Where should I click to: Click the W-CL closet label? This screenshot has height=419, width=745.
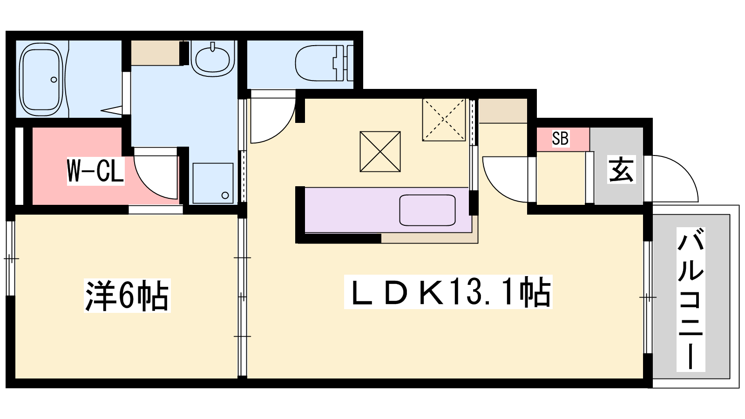click(95, 170)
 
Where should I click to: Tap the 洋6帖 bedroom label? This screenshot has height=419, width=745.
click(127, 295)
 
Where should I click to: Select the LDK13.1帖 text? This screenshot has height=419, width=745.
click(448, 292)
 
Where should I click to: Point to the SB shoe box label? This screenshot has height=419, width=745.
click(560, 138)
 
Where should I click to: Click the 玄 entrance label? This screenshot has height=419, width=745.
click(621, 169)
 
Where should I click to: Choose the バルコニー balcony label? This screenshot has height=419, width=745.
click(691, 299)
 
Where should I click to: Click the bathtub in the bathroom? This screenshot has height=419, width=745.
click(41, 79)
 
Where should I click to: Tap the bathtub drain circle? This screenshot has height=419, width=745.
click(54, 80)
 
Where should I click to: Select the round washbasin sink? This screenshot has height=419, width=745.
click(212, 60)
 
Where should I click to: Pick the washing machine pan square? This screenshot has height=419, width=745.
click(213, 183)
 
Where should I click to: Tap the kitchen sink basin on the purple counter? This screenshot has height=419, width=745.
click(427, 210)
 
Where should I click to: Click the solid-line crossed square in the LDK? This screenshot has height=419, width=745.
click(380, 152)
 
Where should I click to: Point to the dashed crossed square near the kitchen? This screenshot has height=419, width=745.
click(444, 120)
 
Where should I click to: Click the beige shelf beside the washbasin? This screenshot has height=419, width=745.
click(156, 53)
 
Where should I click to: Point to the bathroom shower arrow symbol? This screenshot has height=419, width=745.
click(111, 110)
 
